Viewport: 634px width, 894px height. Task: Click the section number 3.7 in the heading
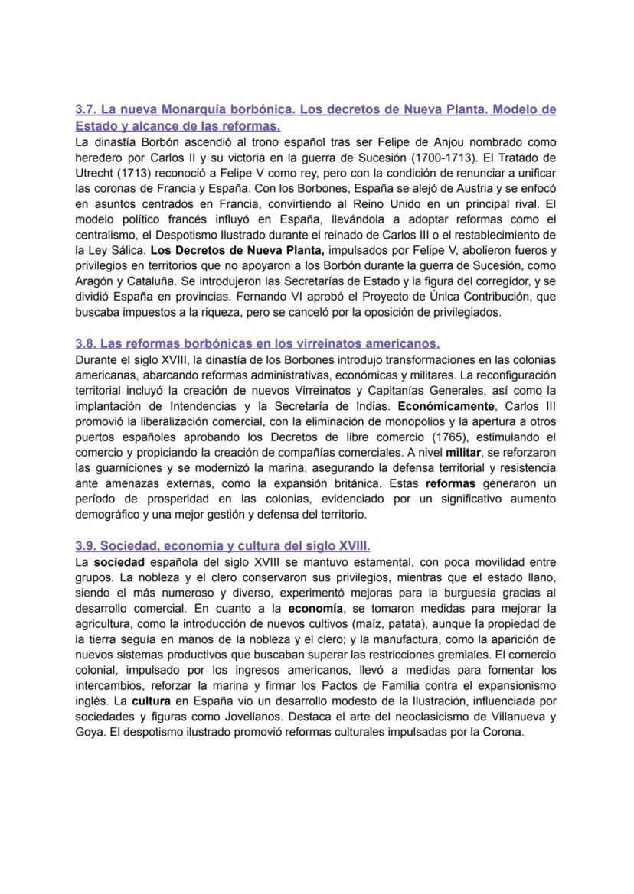(85, 110)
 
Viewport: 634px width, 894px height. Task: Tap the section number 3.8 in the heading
(85, 343)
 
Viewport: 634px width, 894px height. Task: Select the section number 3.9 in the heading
(85, 546)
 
